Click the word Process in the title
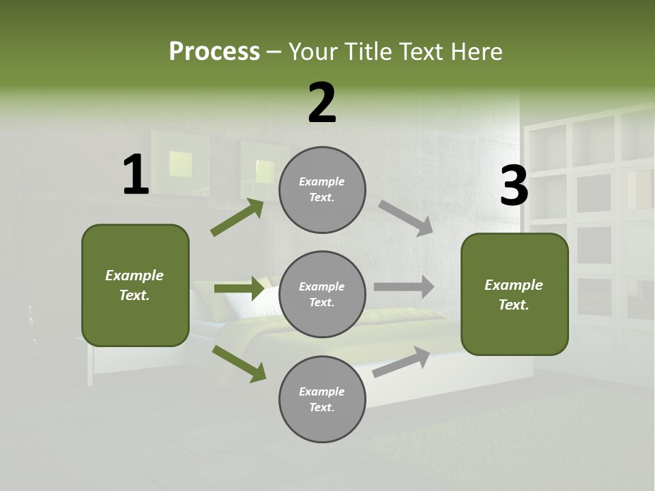pyautogui.click(x=214, y=52)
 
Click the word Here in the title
pyautogui.click(x=473, y=52)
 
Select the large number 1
pyautogui.click(x=136, y=175)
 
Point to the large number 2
pyautogui.click(x=322, y=103)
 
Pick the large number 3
pyautogui.click(x=514, y=186)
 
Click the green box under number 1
pyautogui.click(x=135, y=285)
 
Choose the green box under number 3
pyautogui.click(x=514, y=295)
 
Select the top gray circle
pyautogui.click(x=322, y=190)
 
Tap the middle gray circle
pyautogui.click(x=322, y=295)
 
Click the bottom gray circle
pyautogui.click(x=322, y=400)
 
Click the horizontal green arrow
pyautogui.click(x=239, y=288)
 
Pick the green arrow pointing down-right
pyautogui.click(x=239, y=363)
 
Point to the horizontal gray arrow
pyautogui.click(x=403, y=287)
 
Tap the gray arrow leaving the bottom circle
pyautogui.click(x=401, y=361)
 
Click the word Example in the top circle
pyautogui.click(x=322, y=182)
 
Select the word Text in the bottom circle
pyautogui.click(x=321, y=408)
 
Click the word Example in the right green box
pyautogui.click(x=514, y=285)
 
